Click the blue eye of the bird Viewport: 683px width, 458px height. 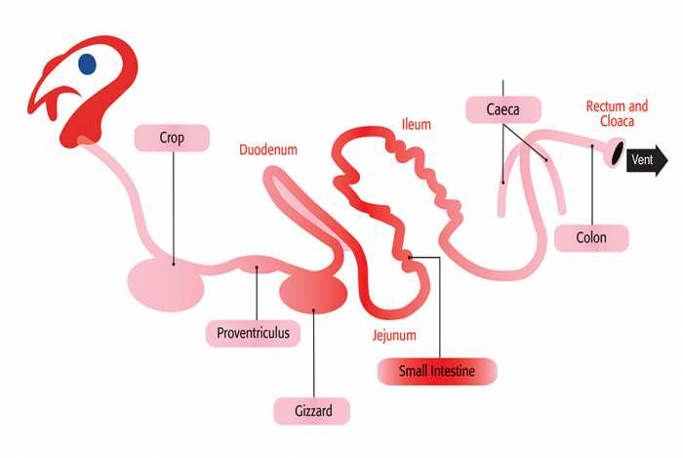(x=87, y=64)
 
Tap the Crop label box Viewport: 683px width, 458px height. (x=172, y=138)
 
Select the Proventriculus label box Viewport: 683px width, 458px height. (x=253, y=333)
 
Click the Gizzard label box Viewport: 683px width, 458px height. (x=312, y=410)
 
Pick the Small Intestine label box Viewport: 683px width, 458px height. (x=437, y=371)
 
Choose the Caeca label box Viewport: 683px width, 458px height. (x=503, y=109)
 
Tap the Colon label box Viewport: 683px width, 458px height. (x=591, y=238)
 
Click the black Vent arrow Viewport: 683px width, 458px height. (x=647, y=160)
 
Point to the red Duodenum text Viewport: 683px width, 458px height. (x=268, y=150)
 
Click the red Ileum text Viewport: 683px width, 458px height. (x=416, y=125)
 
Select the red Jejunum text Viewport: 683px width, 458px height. (x=394, y=336)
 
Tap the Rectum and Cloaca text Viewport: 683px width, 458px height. (x=617, y=113)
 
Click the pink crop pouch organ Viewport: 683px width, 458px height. (x=166, y=285)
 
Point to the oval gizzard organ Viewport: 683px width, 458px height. (x=313, y=292)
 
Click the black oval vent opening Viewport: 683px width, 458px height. (x=618, y=153)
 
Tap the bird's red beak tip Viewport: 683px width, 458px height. (x=29, y=110)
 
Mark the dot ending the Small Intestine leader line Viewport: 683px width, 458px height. (x=410, y=258)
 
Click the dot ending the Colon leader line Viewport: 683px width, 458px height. (x=592, y=146)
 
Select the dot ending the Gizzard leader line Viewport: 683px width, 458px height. (x=313, y=311)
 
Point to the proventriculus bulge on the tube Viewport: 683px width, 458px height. (x=257, y=265)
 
